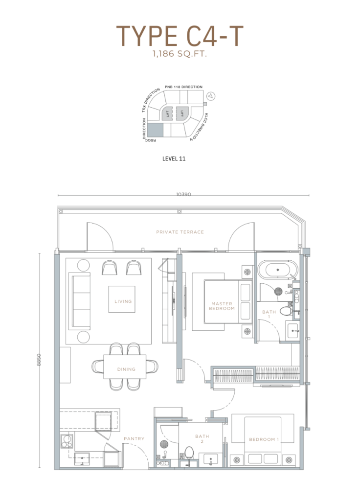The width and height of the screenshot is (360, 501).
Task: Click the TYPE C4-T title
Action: coord(180,36)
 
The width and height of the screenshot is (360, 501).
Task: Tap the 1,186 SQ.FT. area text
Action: coord(180,54)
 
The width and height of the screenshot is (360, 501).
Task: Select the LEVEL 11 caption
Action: coord(174,159)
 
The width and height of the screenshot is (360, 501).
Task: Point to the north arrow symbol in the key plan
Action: coord(211,95)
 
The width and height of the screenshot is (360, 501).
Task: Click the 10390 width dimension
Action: coord(183,194)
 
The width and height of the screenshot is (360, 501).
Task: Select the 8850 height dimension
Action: coord(39,360)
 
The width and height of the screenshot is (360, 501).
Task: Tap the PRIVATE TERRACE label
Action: coord(180,232)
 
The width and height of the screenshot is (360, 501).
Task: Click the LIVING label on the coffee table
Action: coord(123,301)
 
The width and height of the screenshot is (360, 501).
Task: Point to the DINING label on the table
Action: coord(126,369)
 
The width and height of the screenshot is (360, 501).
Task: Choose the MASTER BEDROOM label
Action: coord(222,306)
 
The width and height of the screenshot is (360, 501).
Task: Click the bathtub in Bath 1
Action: coord(278,270)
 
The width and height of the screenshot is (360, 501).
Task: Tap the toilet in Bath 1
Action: coord(286,311)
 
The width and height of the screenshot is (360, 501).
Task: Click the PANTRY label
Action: coord(134,439)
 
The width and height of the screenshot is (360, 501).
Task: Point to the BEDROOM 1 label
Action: coord(264,439)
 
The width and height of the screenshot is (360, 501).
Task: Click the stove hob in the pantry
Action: coord(67,441)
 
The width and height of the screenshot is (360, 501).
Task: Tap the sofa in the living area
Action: coord(80,301)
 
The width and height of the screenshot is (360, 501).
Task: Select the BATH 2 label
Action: coord(202,438)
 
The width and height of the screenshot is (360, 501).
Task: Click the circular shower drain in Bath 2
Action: coord(164,444)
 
